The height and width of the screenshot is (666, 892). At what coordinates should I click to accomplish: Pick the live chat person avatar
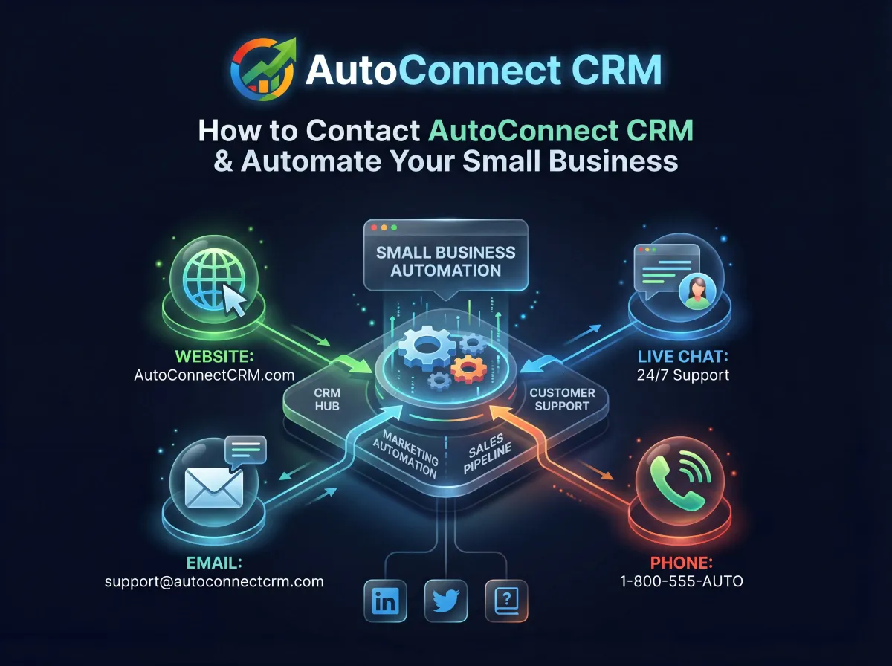click(x=697, y=289)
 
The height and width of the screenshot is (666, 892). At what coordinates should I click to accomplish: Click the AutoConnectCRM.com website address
click(x=214, y=375)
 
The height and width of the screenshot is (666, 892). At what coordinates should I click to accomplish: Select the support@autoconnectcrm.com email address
click(x=214, y=581)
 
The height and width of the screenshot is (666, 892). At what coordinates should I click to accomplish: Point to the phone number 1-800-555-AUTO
click(x=681, y=581)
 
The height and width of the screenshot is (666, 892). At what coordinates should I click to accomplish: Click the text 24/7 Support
click(x=682, y=375)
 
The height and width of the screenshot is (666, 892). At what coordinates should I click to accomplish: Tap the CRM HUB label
click(x=327, y=398)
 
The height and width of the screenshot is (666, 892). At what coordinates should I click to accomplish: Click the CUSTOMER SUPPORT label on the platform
click(x=562, y=399)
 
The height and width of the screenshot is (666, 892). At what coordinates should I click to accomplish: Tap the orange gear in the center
click(x=468, y=367)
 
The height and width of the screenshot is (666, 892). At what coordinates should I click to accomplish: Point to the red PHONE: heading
click(x=681, y=563)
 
